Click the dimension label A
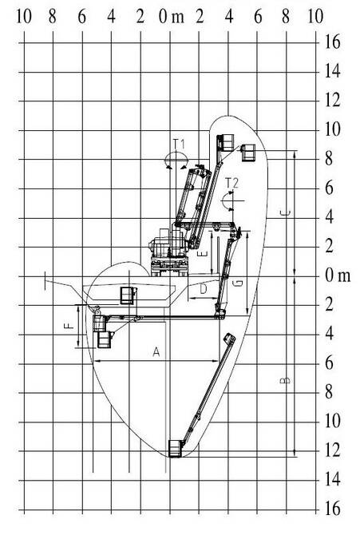point(156,352)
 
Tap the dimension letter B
point(285,380)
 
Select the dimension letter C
point(286,213)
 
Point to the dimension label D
point(204,289)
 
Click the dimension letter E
point(204,254)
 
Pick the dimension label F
point(69,325)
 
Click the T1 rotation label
point(179,144)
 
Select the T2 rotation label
point(231,183)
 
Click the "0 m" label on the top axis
point(171,17)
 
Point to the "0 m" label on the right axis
point(338,275)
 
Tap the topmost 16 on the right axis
point(333,42)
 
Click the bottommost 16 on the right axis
point(333,509)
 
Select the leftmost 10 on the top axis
point(24,17)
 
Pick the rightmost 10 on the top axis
point(315,17)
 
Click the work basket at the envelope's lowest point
point(175,448)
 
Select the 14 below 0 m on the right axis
point(333,479)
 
